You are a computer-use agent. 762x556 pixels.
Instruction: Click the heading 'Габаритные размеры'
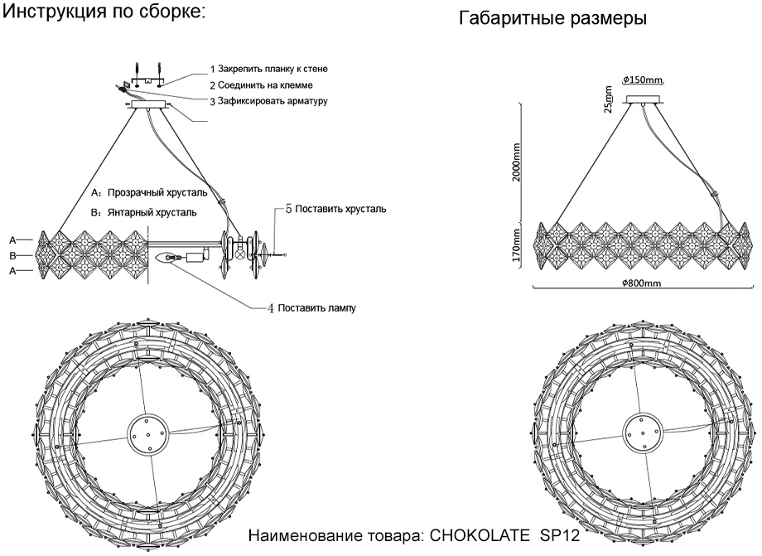pyautogui.click(x=553, y=17)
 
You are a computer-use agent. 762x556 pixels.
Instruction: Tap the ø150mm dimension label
pyautogui.click(x=643, y=80)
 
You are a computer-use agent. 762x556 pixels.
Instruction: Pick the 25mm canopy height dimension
pyautogui.click(x=609, y=102)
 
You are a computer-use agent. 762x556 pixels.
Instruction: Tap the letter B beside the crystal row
pyautogui.click(x=12, y=256)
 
